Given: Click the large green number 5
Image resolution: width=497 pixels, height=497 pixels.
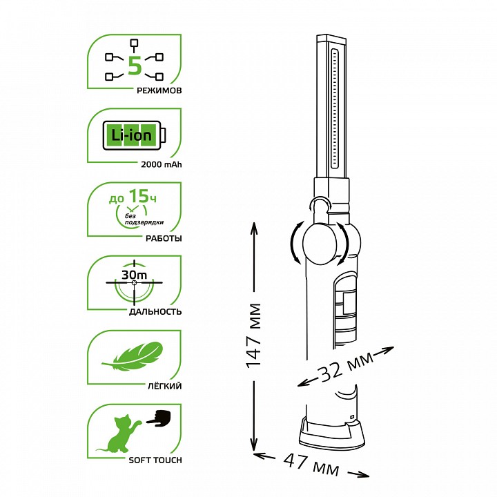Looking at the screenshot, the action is [x=135, y=66].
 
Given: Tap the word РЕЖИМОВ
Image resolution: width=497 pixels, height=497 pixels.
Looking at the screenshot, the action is [x=159, y=90].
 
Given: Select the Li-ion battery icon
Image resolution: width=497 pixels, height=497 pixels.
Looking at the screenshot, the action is [x=134, y=135].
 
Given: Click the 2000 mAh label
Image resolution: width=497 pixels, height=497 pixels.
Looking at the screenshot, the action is [x=162, y=164].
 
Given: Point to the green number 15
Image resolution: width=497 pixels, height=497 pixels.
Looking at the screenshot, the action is [x=139, y=196].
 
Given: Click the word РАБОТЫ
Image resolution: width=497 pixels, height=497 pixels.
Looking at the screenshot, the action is [x=164, y=238].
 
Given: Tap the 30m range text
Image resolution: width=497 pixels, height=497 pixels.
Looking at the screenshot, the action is [x=135, y=275].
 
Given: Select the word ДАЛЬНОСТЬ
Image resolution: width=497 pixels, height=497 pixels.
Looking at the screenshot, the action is [x=155, y=312].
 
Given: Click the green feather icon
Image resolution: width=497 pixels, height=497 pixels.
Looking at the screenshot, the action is [x=133, y=356].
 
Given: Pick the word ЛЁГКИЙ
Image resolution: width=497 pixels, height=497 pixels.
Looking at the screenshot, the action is [x=165, y=386].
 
